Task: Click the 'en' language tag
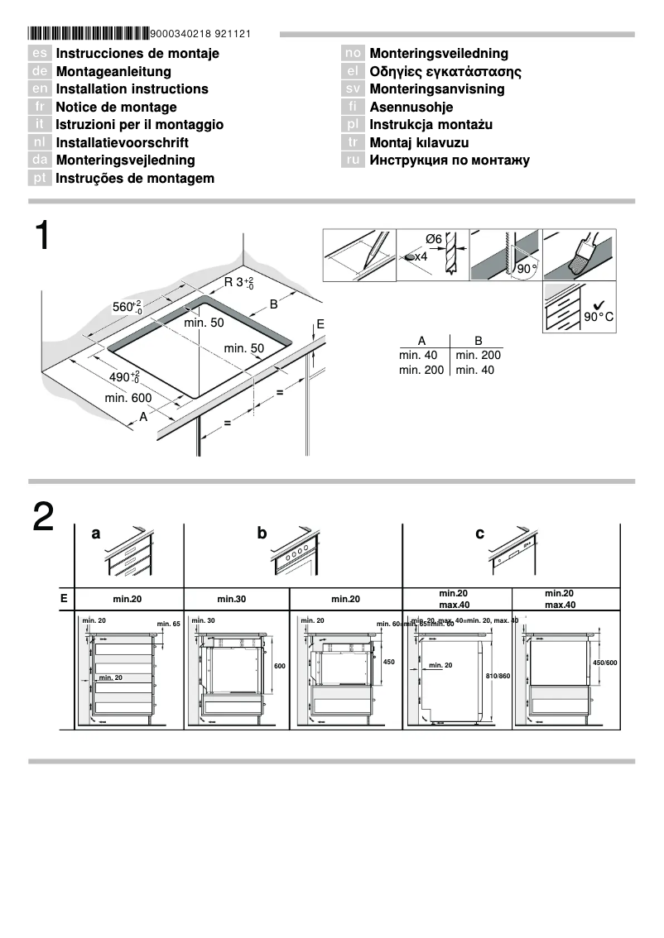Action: pos(41,89)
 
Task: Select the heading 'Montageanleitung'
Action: pos(113,71)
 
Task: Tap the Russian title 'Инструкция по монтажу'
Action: pos(450,160)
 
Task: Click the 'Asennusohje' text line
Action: pos(411,107)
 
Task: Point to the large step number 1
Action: pos(42,237)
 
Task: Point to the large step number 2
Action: pos(43,518)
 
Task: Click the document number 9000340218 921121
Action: pos(201,34)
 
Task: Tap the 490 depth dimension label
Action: pos(125,378)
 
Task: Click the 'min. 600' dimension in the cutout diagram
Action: pos(128,399)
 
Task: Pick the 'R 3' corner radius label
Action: pos(238,283)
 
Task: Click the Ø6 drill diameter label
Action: pos(434,239)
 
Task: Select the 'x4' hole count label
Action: pos(420,257)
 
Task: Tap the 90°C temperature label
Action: pos(599,317)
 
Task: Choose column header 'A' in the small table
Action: pos(421,341)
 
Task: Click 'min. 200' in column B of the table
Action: pos(478,355)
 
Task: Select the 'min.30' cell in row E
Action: pos(235,598)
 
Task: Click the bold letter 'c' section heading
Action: pos(479,534)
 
